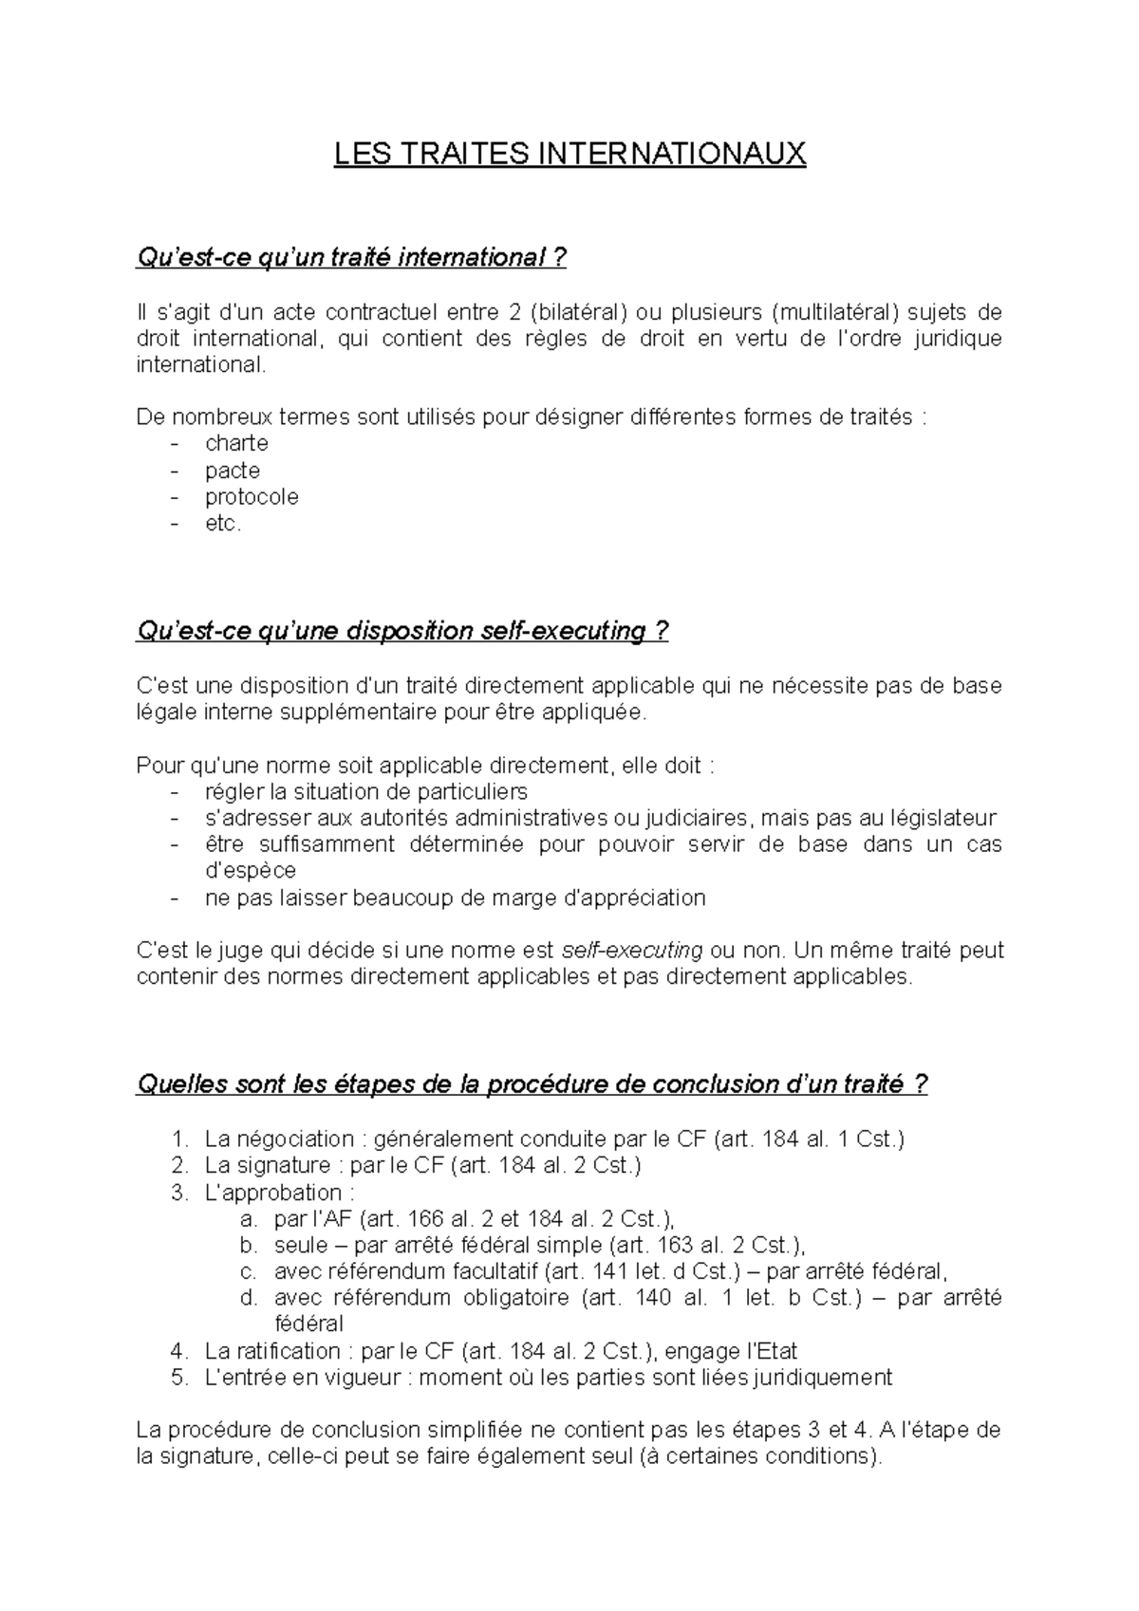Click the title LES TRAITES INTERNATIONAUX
point(569,154)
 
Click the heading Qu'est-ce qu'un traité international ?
point(351,257)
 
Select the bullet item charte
point(236,443)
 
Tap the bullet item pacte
point(233,471)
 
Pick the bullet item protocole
point(252,497)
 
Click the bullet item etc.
point(223,524)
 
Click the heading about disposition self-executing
point(402,632)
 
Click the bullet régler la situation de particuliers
point(365,791)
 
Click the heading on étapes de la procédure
point(532,1084)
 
